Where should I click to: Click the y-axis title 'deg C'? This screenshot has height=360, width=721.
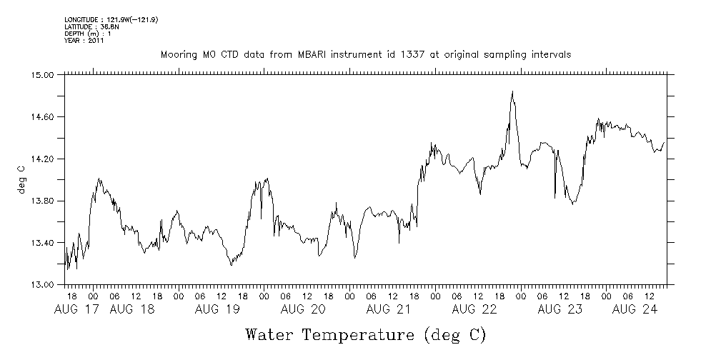pyautogui.click(x=21, y=179)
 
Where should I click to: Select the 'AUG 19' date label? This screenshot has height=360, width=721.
pyautogui.click(x=217, y=309)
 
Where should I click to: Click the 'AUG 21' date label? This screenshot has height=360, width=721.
pyautogui.click(x=388, y=309)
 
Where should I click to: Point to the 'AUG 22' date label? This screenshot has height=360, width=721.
pyautogui.click(x=474, y=309)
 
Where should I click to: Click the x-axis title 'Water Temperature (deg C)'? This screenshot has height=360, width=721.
pyautogui.click(x=365, y=334)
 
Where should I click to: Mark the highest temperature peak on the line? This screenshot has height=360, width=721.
pyautogui.click(x=512, y=91)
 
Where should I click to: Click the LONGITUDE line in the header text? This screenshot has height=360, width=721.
pyautogui.click(x=111, y=19)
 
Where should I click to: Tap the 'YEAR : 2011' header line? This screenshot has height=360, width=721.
pyautogui.click(x=84, y=41)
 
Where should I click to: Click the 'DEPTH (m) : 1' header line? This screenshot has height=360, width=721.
pyautogui.click(x=89, y=34)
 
